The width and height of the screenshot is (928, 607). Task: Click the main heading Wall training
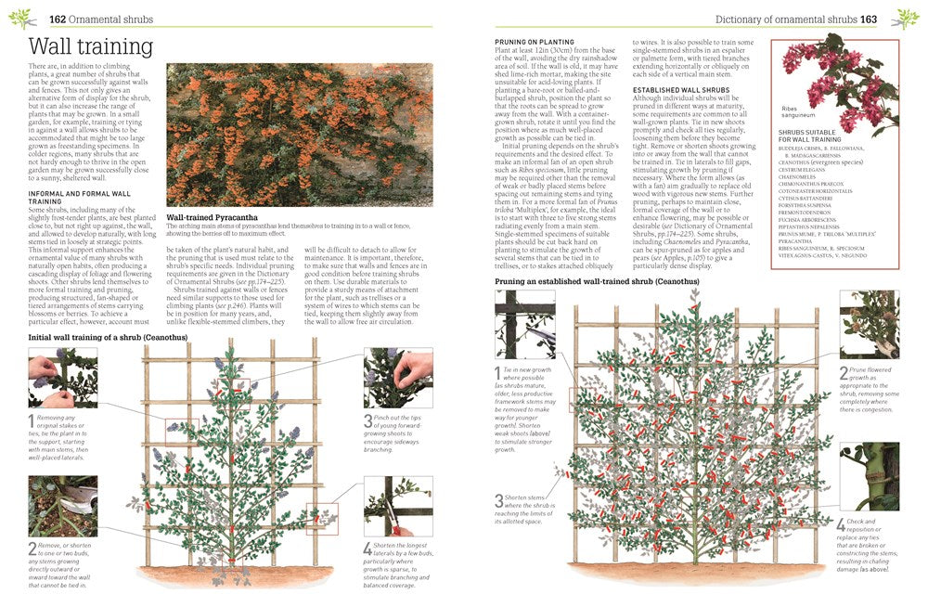point(90,46)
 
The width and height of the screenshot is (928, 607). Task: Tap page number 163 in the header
point(868,19)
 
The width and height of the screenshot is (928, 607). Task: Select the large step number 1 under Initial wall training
point(32,422)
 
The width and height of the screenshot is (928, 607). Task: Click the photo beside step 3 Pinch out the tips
point(397,379)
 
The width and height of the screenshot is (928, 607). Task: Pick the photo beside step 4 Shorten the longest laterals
point(397,507)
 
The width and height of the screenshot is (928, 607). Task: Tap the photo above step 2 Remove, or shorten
point(62,506)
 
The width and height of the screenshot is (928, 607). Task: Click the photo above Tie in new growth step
point(524,324)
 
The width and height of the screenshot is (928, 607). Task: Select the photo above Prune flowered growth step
point(869,324)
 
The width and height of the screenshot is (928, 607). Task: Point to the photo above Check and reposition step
point(869,476)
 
